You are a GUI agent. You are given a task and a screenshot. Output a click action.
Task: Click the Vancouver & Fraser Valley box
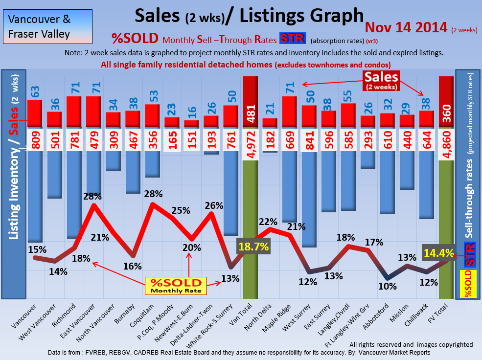click(46, 27)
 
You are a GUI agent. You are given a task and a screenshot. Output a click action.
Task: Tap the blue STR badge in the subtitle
click(292, 38)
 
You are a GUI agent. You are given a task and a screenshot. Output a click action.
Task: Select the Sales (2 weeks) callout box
click(381, 80)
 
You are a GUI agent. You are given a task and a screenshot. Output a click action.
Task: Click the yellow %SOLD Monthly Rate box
click(176, 286)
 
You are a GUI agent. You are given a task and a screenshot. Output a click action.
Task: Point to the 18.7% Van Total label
click(253, 247)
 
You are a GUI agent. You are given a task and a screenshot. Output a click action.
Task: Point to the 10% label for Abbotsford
click(387, 286)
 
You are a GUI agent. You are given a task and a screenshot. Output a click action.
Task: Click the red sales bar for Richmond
click(73, 112)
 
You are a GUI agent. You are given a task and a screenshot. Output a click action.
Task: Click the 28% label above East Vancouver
click(92, 197)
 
